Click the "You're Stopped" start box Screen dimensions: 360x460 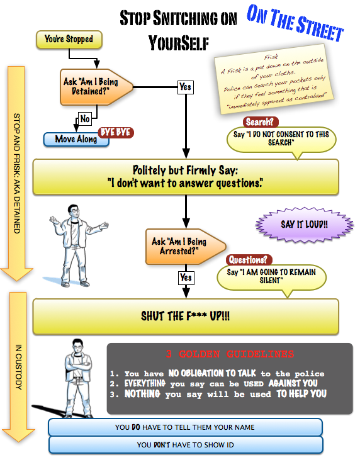click(x=69, y=39)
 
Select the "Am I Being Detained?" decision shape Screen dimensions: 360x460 click(x=96, y=87)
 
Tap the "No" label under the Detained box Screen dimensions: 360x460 click(x=85, y=119)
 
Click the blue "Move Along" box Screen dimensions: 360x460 click(x=76, y=139)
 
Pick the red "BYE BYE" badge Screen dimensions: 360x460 click(x=116, y=132)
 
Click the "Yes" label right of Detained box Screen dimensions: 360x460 click(x=186, y=87)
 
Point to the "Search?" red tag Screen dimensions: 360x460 click(x=260, y=121)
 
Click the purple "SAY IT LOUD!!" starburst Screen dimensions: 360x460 click(x=304, y=225)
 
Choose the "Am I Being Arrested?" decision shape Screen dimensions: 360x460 click(x=186, y=247)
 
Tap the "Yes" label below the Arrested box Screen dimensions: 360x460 click(x=186, y=278)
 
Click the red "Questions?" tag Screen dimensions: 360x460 click(x=249, y=260)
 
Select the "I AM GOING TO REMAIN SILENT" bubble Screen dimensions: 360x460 click(x=271, y=278)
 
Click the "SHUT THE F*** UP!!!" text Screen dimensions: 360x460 click(x=186, y=317)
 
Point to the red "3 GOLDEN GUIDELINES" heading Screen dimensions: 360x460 click(x=230, y=354)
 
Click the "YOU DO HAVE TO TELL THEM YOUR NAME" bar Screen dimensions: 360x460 click(x=186, y=427)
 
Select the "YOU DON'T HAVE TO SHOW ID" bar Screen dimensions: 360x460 click(x=186, y=445)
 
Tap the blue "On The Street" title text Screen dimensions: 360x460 click(x=295, y=23)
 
